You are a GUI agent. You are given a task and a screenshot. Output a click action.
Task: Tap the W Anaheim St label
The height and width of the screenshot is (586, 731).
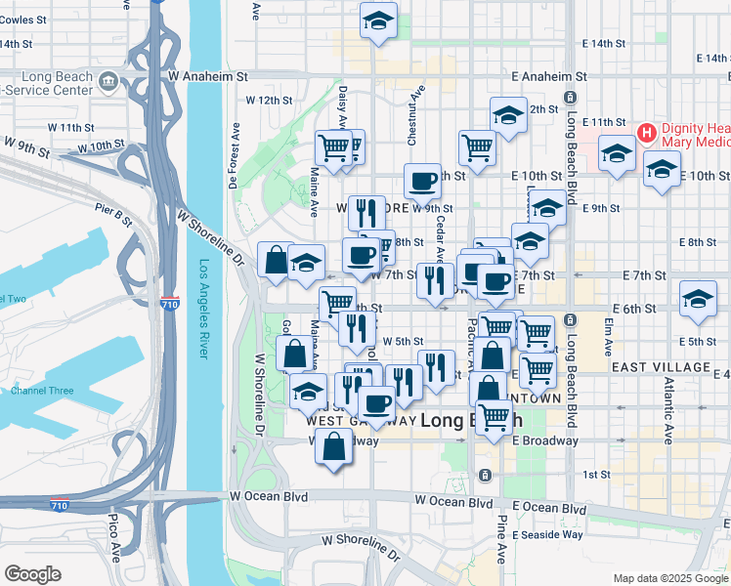point(209,75)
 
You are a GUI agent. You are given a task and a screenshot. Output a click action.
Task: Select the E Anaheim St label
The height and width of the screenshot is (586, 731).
point(548,75)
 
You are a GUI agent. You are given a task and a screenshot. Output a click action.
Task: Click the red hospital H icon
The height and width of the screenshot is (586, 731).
point(646,132)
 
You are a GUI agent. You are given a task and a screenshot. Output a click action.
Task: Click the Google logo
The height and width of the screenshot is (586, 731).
point(32,573)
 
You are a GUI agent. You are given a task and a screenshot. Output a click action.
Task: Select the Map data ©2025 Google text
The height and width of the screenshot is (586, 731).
point(668,578)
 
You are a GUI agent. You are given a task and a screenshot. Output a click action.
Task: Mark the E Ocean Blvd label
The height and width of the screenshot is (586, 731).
point(548,508)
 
